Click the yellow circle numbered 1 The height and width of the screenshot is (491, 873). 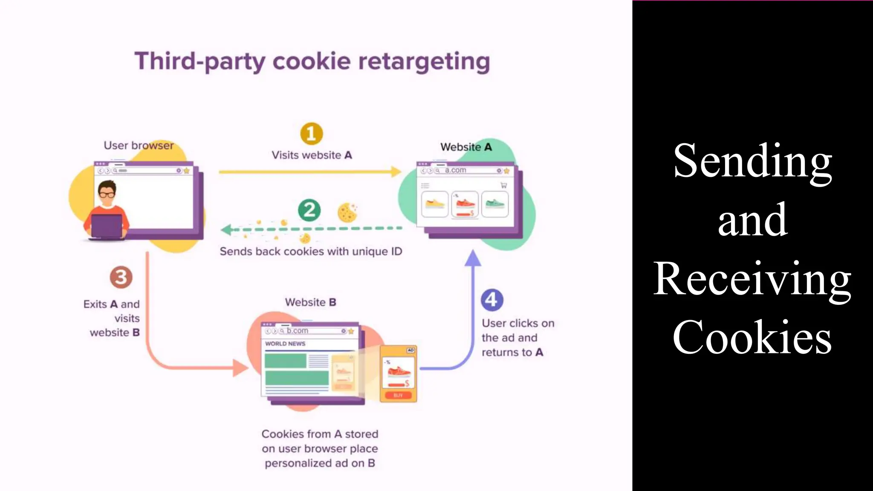(x=312, y=134)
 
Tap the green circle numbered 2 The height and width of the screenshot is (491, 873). (x=309, y=210)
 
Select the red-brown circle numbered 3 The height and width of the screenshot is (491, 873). (x=121, y=277)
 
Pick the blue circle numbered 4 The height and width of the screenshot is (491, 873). (x=492, y=300)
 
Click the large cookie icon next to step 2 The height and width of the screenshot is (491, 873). (x=347, y=213)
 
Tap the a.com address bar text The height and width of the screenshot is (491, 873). (x=455, y=170)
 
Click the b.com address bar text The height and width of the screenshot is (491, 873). (x=297, y=331)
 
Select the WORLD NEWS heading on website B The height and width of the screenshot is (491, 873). (x=285, y=344)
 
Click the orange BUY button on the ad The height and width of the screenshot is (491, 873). (x=398, y=395)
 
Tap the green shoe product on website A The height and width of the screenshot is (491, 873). (x=495, y=204)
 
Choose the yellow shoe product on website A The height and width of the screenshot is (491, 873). (x=435, y=204)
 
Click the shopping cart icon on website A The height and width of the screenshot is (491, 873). (x=504, y=185)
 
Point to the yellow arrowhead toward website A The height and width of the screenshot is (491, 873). (x=396, y=172)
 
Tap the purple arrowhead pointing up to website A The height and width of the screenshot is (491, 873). (x=473, y=258)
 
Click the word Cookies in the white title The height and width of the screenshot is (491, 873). (x=752, y=338)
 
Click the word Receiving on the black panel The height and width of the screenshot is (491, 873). (x=752, y=279)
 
